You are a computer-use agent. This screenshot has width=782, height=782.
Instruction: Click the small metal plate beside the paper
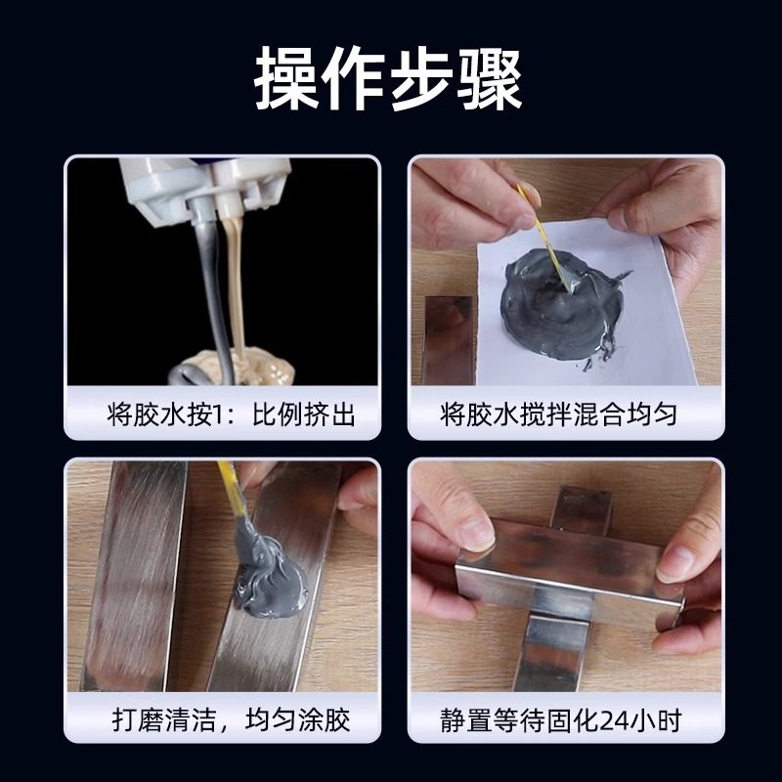click(x=449, y=337)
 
